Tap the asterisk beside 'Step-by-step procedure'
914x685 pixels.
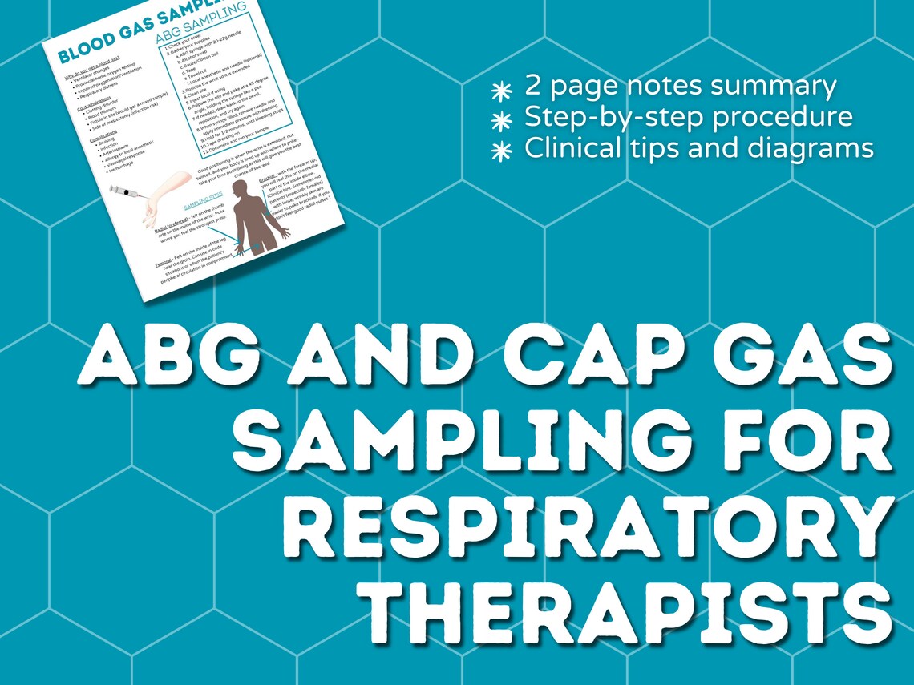pyautogui.click(x=502, y=120)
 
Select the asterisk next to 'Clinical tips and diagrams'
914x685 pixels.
pyautogui.click(x=502, y=150)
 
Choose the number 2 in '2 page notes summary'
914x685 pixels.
pyautogui.click(x=532, y=86)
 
